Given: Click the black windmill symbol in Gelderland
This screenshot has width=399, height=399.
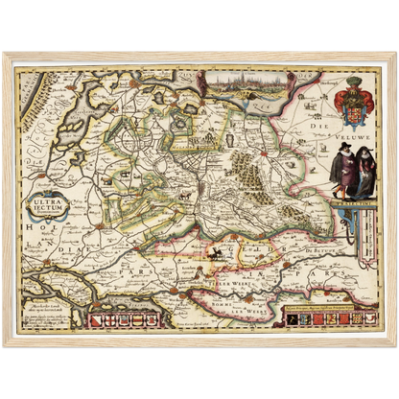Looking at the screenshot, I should [x=222, y=253].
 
